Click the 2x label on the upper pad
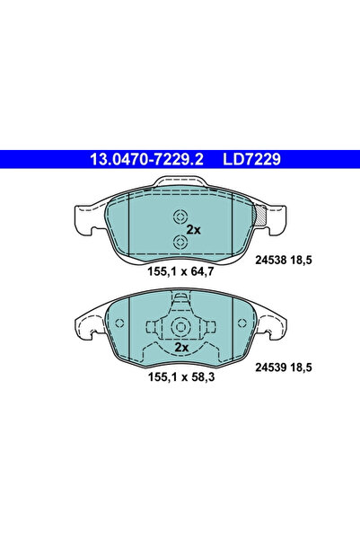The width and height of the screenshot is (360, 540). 191,230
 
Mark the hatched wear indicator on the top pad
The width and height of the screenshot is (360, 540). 260,217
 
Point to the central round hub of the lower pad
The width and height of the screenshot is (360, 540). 179,327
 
